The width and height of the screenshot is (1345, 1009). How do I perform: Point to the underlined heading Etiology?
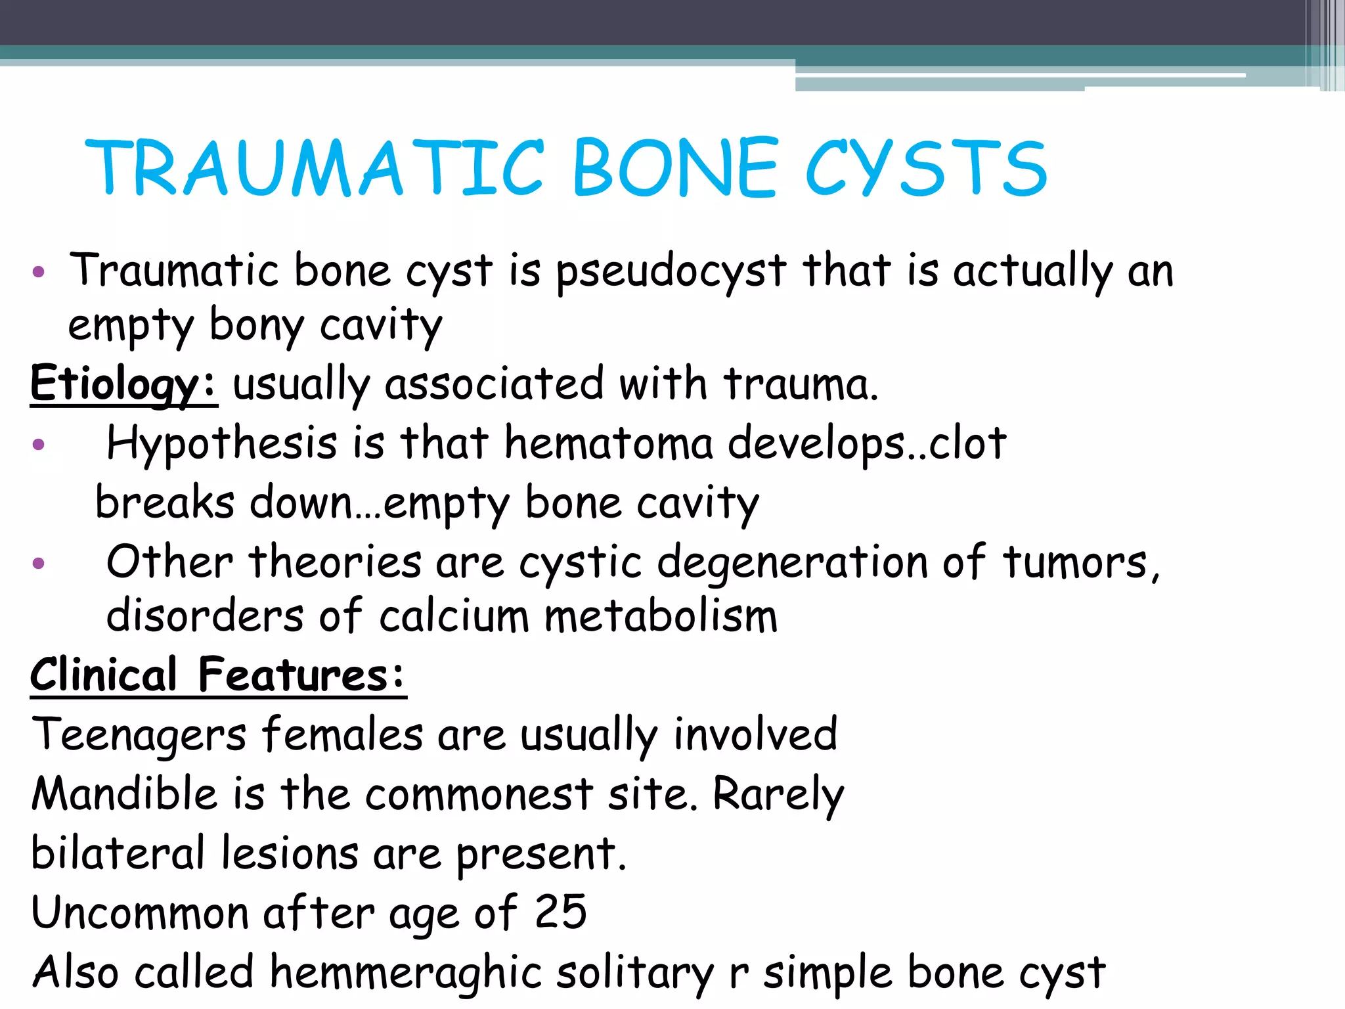coord(123,384)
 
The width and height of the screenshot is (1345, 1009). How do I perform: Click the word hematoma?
coord(608,443)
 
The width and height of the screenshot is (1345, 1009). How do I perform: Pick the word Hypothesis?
coord(222,443)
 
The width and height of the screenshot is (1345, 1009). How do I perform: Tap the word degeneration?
coord(792,563)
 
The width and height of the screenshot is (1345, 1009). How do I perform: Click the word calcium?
coord(454,617)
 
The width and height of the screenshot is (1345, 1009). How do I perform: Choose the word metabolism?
coord(661,617)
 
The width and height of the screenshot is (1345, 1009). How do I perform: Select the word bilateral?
coord(118,853)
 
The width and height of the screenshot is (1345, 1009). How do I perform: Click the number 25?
coord(560,912)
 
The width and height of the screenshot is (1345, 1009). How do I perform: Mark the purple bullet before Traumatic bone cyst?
coord(39,272)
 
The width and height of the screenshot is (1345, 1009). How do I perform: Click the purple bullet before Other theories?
coord(39,563)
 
